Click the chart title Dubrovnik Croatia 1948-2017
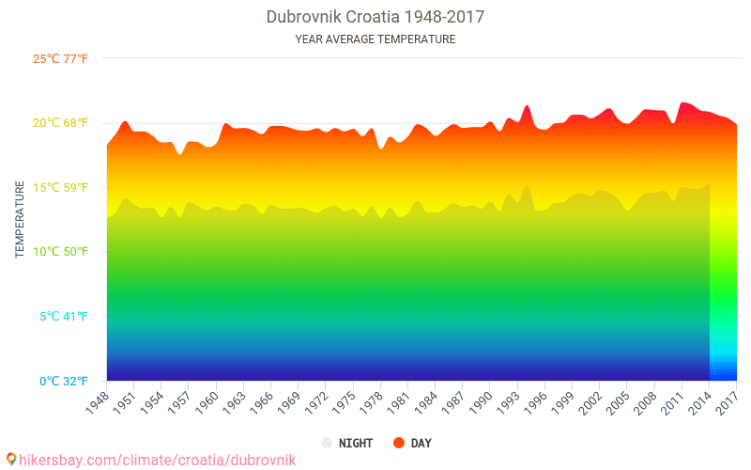pyautogui.click(x=375, y=17)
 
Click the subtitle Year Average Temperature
pyautogui.click(x=375, y=39)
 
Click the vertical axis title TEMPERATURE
pyautogui.click(x=20, y=220)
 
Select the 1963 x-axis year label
pyautogui.click(x=233, y=401)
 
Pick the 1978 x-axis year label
pyautogui.click(x=370, y=401)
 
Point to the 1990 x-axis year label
pyautogui.click(x=480, y=401)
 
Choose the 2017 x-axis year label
pyautogui.click(x=727, y=401)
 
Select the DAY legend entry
pyautogui.click(x=421, y=443)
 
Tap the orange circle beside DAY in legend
pyautogui.click(x=398, y=443)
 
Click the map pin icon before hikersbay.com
pyautogui.click(x=10, y=459)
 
